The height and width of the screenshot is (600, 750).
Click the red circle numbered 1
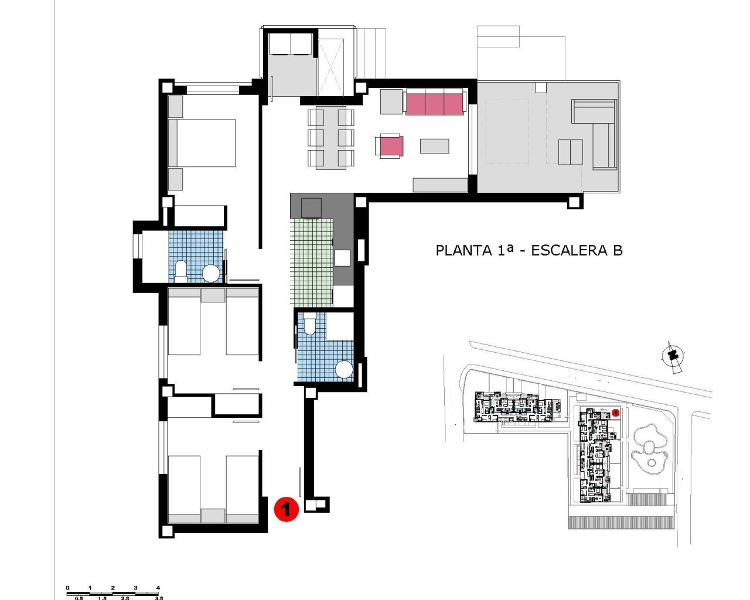click(286, 509)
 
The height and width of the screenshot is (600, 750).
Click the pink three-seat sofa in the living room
click(434, 104)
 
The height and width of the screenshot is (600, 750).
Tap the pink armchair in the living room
click(391, 146)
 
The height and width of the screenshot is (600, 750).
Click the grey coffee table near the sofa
click(434, 146)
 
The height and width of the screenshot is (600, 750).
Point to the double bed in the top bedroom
click(202, 143)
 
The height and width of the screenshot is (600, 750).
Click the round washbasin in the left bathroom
click(211, 273)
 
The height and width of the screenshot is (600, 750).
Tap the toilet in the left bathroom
click(181, 271)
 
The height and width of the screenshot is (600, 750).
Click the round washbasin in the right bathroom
click(344, 370)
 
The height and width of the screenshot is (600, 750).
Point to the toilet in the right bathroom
click(309, 323)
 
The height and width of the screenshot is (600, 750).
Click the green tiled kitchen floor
click(311, 262)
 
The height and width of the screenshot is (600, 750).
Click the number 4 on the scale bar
click(158, 588)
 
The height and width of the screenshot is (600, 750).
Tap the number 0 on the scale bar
click(67, 588)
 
